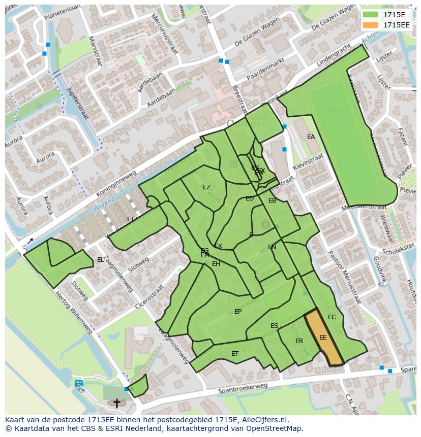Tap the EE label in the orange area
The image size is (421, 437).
coord(323,337)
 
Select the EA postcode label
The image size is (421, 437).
coord(311,137)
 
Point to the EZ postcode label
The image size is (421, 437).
coord(206,187)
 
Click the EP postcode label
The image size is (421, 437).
coord(237,312)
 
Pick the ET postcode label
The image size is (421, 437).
coord(235,353)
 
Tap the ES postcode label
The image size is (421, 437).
coord(274,326)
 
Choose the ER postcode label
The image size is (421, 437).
coord(299,341)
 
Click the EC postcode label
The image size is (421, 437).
coord(332,317)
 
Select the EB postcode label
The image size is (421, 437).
coord(272,200)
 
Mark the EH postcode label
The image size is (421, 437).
coord(216,264)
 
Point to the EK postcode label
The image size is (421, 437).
coord(219,246)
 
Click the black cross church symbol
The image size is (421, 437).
coord(116,404)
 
